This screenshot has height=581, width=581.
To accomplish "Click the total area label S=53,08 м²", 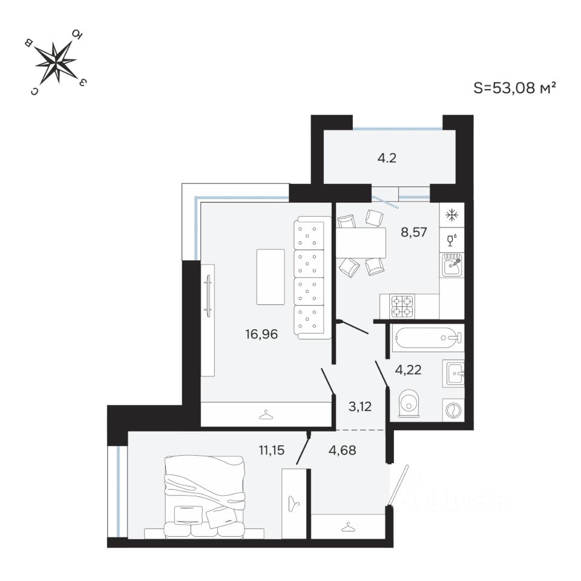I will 514,88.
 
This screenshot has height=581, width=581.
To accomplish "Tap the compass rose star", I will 56,62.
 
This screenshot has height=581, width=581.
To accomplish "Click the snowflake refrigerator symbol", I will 451,215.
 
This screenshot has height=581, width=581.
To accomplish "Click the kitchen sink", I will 451,265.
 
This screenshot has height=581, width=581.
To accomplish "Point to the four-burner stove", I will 402,306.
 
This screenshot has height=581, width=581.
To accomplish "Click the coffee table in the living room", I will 270,277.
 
